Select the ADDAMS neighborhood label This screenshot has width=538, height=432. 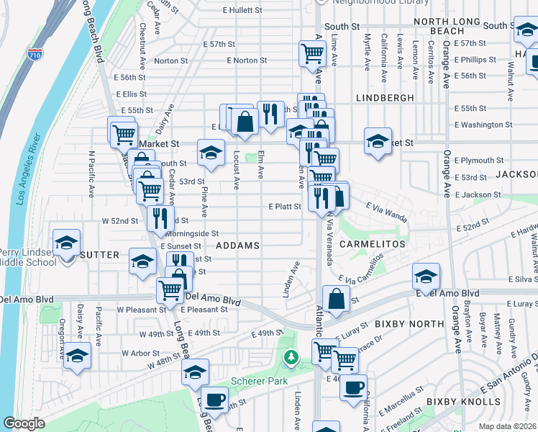pyautogui.click(x=237, y=246)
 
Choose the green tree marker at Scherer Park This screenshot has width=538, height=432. pyautogui.click(x=291, y=356)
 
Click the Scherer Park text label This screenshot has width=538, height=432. pyautogui.click(x=259, y=381)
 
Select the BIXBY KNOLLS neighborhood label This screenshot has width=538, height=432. pyautogui.click(x=463, y=401)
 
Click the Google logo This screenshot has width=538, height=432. pyautogui.click(x=24, y=423)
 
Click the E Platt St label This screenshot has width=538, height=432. pyautogui.click(x=284, y=207)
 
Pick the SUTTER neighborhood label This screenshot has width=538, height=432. pyautogui.click(x=99, y=255)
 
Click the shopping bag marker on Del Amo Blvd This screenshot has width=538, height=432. pyautogui.click(x=336, y=297)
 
